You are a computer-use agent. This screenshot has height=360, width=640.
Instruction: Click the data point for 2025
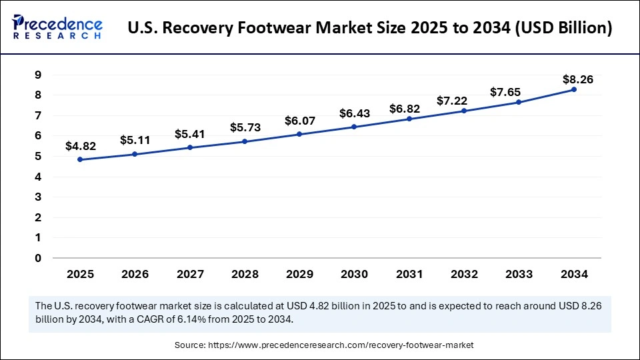click(80, 159)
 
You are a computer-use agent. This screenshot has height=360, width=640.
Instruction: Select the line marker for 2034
click(573, 89)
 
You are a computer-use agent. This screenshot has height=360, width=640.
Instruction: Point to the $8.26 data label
click(577, 79)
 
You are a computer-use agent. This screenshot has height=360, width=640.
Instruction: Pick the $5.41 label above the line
click(189, 134)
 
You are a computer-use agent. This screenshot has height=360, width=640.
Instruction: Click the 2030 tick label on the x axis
click(354, 274)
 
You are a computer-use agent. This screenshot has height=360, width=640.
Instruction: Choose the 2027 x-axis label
click(189, 274)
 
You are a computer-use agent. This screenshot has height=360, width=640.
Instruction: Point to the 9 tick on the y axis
click(38, 75)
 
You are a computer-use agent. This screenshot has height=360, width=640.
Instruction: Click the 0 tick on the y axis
click(38, 258)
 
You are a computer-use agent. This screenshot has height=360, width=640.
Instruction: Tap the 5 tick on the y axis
click(38, 156)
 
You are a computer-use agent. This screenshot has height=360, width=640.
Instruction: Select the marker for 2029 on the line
click(299, 134)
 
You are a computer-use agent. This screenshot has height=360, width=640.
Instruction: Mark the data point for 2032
click(464, 111)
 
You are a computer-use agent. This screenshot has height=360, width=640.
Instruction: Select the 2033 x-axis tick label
click(519, 274)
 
